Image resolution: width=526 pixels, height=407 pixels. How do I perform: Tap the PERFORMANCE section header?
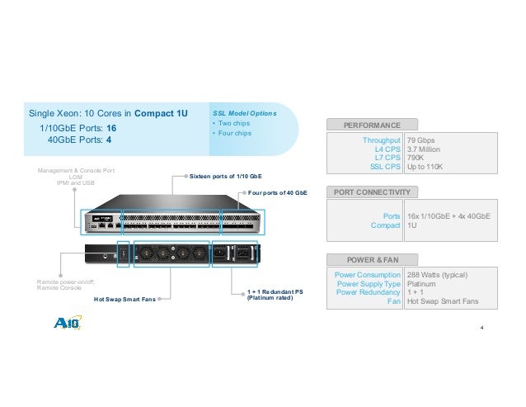point(373,125)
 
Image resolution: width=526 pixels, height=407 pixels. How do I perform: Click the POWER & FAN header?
point(372,258)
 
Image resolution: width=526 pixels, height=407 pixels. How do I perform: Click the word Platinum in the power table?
point(423,283)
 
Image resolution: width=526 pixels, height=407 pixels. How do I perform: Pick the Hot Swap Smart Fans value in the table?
point(443,301)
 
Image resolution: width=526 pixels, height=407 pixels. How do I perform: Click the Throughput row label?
point(382,140)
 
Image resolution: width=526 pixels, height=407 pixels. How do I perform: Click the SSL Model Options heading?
point(245,112)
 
